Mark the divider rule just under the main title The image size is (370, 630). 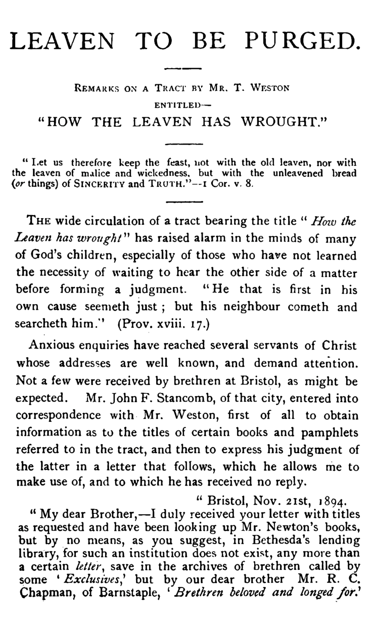click(x=184, y=67)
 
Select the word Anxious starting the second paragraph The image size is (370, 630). click(x=52, y=346)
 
